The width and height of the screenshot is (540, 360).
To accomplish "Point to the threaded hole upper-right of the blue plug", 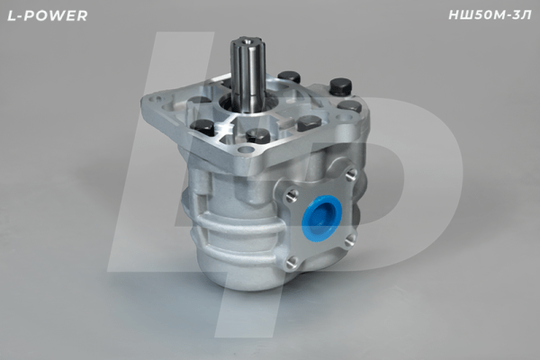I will [x=350, y=174].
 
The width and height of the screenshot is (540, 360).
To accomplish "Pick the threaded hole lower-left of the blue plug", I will [x=291, y=262].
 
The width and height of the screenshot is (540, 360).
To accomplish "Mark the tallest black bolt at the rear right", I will [x=340, y=87].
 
